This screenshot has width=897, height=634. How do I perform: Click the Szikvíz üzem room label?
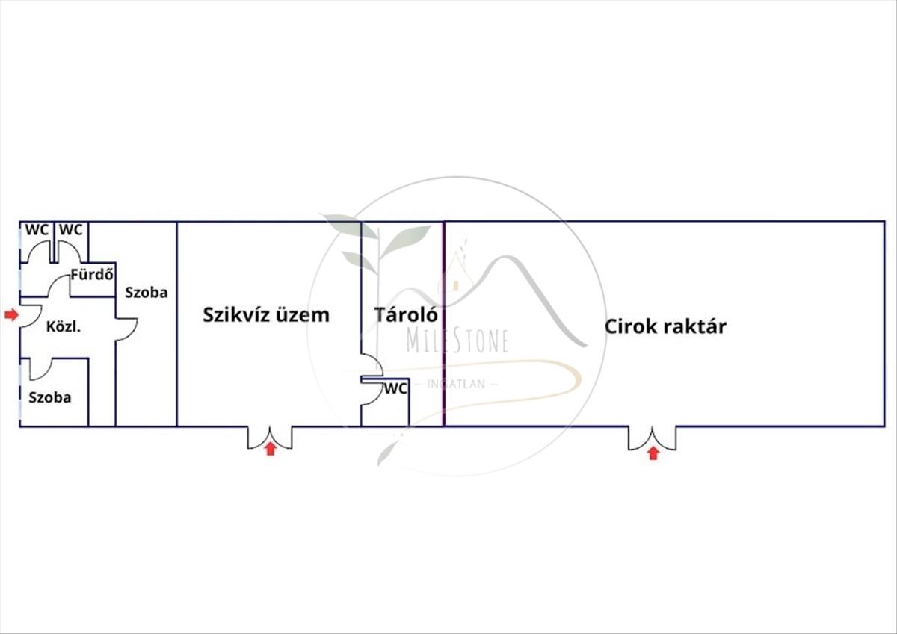point(265,314)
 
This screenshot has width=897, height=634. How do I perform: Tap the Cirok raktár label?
point(665,326)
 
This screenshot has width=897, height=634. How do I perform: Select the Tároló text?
point(406,314)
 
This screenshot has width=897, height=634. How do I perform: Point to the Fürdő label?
point(92,274)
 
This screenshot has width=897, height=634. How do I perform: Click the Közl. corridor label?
point(64,326)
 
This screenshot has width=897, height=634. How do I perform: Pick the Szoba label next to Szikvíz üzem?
point(147,292)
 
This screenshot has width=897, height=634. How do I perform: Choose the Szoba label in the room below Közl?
point(50,397)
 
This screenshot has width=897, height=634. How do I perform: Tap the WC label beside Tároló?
point(395,388)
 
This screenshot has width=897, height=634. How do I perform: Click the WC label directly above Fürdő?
point(70,230)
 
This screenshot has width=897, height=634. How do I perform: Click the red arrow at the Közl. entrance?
point(10,314)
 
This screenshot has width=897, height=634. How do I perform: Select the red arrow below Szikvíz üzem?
point(270,449)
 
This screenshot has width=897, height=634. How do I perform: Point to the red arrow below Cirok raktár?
point(653,453)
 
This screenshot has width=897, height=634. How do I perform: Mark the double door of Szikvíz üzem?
point(270,438)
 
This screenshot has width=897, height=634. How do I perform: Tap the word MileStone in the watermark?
point(457,340)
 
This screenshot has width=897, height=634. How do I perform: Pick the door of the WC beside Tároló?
point(372,394)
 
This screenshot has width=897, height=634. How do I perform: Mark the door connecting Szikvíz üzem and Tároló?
point(372,365)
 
